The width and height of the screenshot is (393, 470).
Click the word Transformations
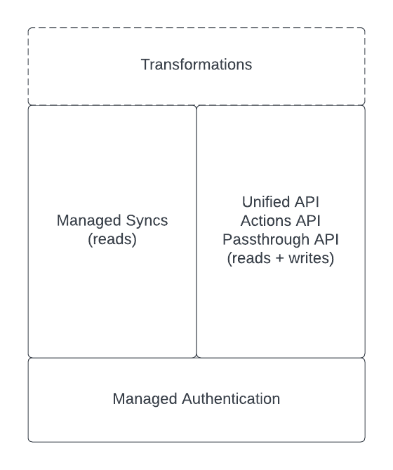coord(196,65)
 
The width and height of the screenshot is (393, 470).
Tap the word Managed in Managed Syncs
coord(89,221)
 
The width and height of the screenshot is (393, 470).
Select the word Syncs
coord(147,221)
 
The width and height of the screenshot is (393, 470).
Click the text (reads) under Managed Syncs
coord(112,239)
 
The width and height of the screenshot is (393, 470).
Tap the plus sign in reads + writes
coord(280,259)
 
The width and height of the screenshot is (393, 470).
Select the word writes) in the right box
coord(311,258)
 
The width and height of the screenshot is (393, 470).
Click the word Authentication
coord(231,399)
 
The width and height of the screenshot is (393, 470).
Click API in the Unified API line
coord(307,202)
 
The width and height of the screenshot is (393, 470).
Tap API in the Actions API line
coord(309,221)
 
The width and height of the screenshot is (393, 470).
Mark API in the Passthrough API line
coord(326,240)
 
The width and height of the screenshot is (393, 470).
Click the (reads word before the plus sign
coord(249,258)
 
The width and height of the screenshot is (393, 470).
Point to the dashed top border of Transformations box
coord(196,28)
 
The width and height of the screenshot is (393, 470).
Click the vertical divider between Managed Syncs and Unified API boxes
coord(196,231)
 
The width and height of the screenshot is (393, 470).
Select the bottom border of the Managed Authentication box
coord(196,441)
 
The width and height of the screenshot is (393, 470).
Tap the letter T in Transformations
coord(145,65)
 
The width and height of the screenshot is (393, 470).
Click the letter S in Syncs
coord(131,220)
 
